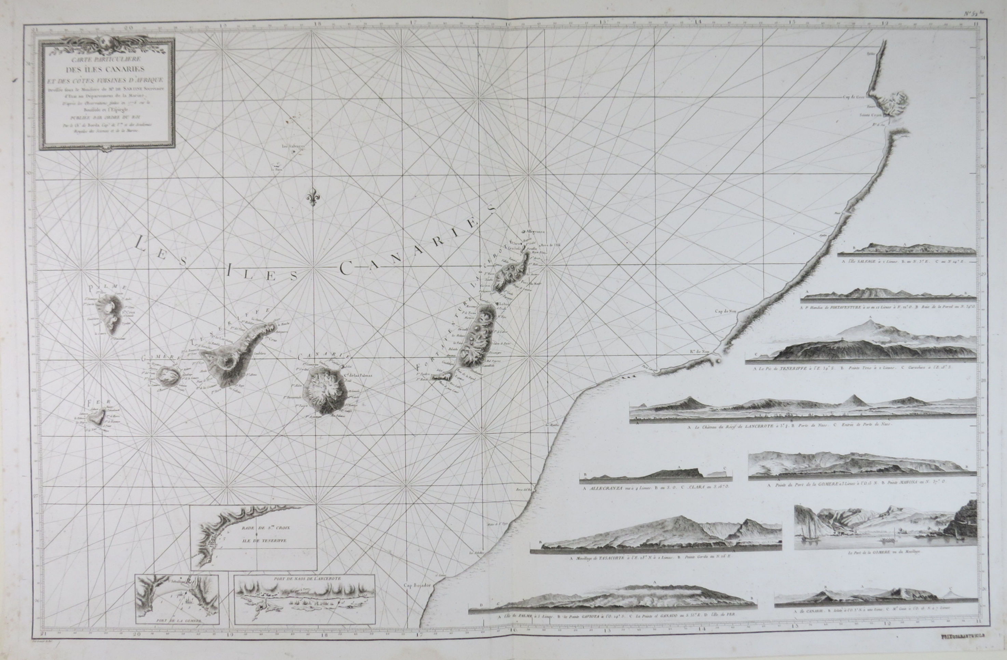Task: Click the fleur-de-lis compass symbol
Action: (x=312, y=197)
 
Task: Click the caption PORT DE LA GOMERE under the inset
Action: (x=178, y=620)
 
